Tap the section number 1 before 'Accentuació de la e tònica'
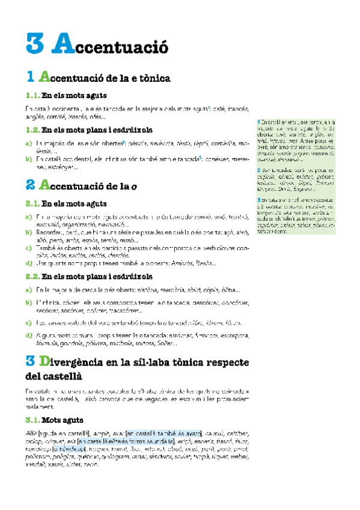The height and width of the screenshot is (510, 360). [x=31, y=78]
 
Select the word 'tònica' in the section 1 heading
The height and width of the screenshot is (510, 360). [x=156, y=78]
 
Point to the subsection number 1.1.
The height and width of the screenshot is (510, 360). [x=32, y=95]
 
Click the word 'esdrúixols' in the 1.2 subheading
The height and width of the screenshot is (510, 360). [x=131, y=129]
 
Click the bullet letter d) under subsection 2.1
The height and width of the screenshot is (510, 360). [x=29, y=262]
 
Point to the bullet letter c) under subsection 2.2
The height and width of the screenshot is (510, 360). [x=29, y=323]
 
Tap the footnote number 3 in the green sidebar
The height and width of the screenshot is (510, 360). [x=258, y=199]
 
